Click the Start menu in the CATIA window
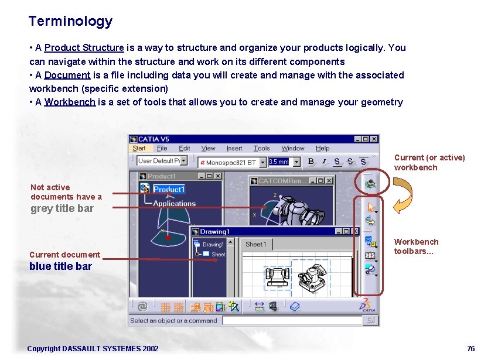point(139,149)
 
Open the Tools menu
point(261,149)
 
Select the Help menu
point(322,149)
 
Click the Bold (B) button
point(311,162)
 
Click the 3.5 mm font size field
point(279,162)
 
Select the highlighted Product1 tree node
point(169,189)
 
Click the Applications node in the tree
point(174,204)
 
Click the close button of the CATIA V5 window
point(374,139)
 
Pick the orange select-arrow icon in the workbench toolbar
point(370,207)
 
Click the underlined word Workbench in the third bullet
point(70,102)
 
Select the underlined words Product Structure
point(84,48)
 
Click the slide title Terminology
point(70,22)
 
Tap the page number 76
point(471,349)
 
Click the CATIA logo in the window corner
point(368,304)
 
